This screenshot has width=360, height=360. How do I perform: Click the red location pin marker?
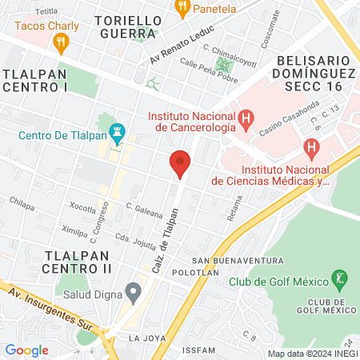coord(180,162)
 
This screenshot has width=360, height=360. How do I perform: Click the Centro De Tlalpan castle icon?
coord(118,128)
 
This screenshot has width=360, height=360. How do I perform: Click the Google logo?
coord(26,350)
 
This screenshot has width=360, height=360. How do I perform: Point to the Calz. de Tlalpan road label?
coord(159,238)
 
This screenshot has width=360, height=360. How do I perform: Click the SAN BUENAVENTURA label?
coord(238,261)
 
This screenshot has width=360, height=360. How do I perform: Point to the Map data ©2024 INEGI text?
coord(312,354)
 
